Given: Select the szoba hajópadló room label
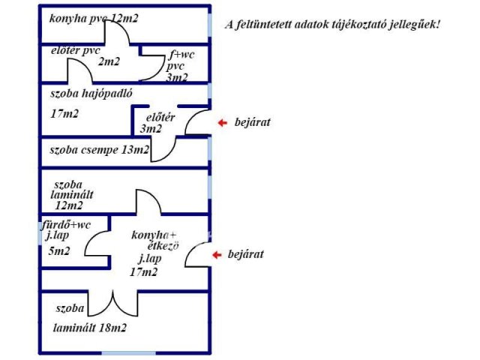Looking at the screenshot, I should (91, 94).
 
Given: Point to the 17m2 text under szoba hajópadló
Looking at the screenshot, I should (64, 114).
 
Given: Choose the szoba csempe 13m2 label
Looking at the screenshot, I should (99, 150).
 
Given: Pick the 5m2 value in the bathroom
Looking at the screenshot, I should (59, 251).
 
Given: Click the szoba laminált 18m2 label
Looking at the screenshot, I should (88, 318).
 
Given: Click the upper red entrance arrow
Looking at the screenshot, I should (220, 122).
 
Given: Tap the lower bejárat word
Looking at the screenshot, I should (247, 255).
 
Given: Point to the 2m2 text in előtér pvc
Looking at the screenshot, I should (109, 61).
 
